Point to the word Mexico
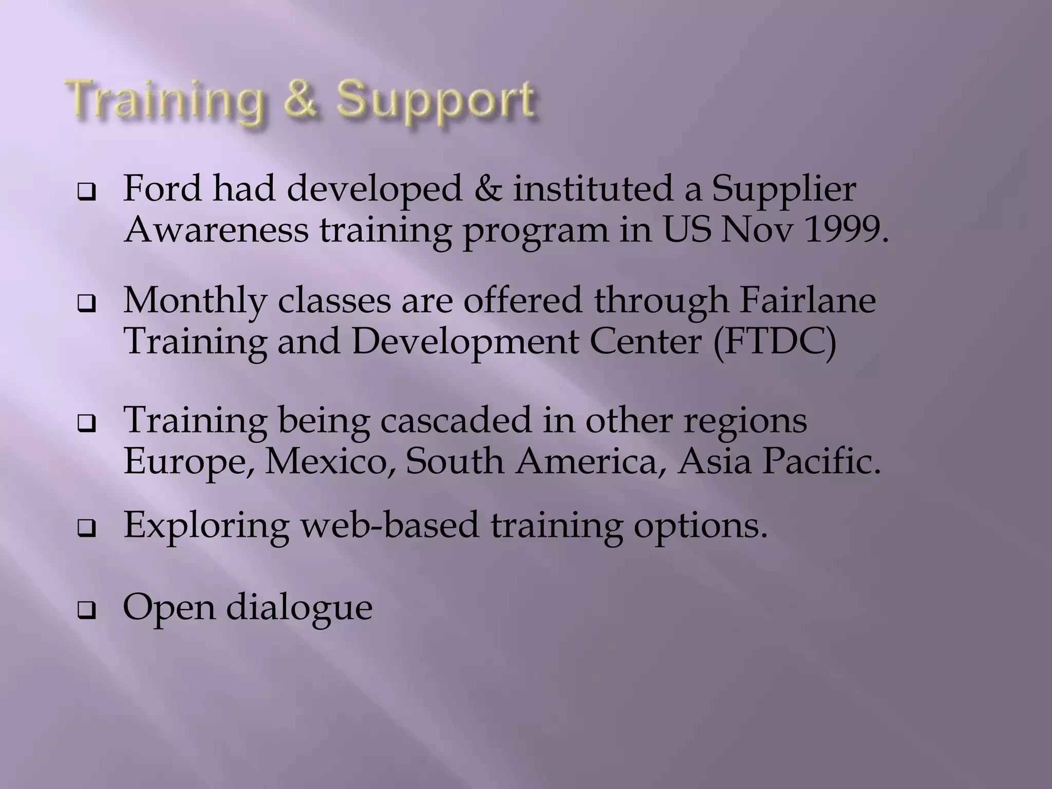(x=330, y=461)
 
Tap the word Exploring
(x=206, y=526)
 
